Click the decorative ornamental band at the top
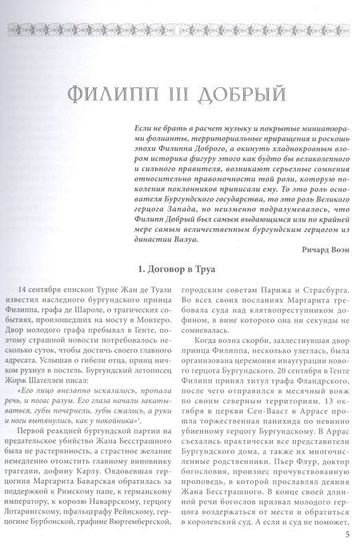tap(179, 30)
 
